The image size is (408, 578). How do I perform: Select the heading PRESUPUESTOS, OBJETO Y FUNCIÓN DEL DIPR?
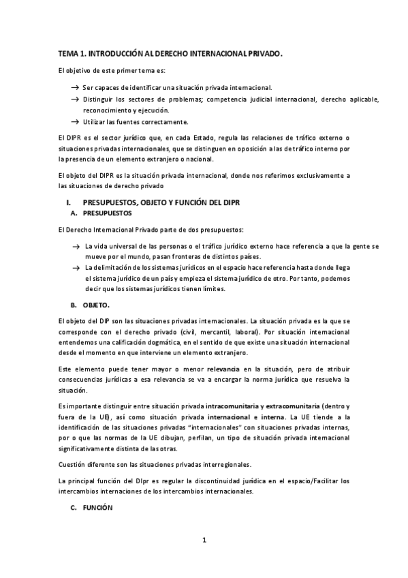point(161,202)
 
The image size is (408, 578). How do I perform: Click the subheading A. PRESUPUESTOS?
point(102,213)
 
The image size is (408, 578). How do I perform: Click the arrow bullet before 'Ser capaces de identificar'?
point(75,88)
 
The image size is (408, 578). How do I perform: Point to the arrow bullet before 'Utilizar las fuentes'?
point(75,122)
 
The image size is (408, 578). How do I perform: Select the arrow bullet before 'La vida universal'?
point(76,245)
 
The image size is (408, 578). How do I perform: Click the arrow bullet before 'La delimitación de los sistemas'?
point(76,267)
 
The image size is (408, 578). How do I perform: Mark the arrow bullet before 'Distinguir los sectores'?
point(75,100)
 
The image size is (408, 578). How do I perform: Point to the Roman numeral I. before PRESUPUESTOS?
point(68,202)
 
